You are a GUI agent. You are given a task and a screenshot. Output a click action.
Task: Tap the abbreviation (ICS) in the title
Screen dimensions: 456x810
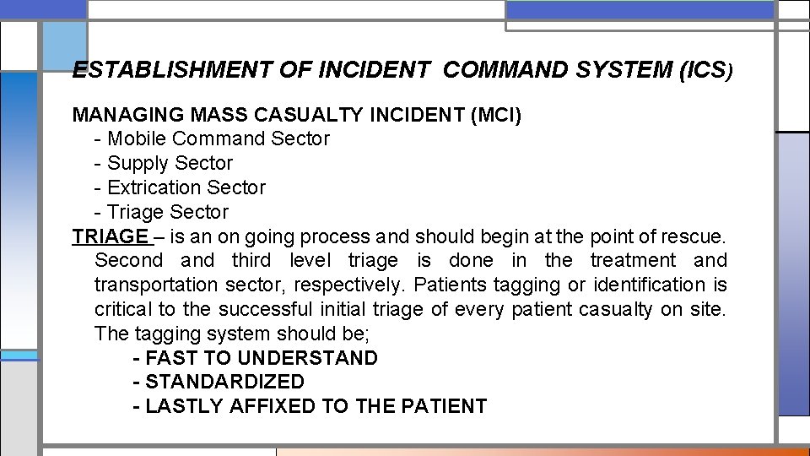tap(706, 70)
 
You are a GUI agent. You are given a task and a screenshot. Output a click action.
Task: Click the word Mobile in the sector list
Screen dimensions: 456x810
tap(138, 138)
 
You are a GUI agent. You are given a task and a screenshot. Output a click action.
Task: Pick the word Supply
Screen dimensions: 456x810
tap(138, 163)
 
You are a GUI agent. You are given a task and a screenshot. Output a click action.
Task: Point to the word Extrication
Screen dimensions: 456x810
tap(154, 187)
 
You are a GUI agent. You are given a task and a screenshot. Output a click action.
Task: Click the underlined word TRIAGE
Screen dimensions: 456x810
tap(110, 236)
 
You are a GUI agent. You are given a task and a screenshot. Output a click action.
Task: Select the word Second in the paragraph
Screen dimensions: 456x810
tap(128, 261)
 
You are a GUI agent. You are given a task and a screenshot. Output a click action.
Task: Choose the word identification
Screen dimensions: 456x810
tap(649, 285)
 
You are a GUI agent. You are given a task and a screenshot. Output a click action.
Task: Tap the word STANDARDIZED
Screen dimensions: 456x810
tap(224, 383)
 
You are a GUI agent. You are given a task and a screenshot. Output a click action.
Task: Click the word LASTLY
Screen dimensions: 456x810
tap(178, 407)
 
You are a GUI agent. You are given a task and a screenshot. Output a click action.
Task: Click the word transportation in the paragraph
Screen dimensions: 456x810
tap(156, 285)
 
